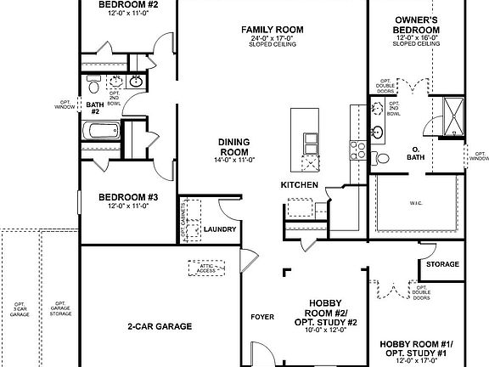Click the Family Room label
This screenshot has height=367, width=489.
click(272, 30)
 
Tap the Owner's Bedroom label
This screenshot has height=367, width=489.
click(416, 25)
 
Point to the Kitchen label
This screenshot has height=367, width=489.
click(300, 185)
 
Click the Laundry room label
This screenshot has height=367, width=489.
click(220, 229)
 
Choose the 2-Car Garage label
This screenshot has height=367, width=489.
click(160, 325)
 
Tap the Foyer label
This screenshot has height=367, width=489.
click(262, 317)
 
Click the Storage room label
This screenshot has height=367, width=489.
click(442, 264)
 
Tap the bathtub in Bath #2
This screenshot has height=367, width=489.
click(101, 133)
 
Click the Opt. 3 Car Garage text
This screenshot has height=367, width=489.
click(19, 308)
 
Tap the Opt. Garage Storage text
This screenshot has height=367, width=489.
click(59, 308)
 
